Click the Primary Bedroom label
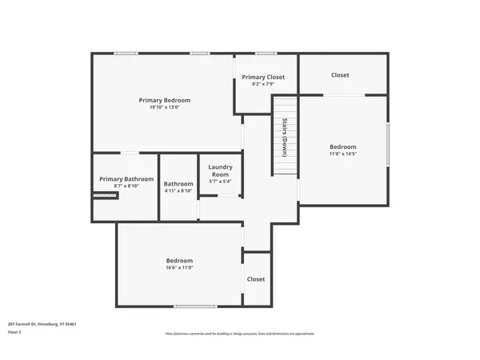coord(163,100)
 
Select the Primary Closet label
coord(263,77)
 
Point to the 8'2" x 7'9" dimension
coord(263,84)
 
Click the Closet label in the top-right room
coord(340,75)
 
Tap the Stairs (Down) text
coord(284,138)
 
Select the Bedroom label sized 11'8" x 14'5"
coord(343,146)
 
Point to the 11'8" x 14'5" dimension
coord(343,154)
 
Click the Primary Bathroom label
coord(126,179)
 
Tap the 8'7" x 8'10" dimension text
coord(126,186)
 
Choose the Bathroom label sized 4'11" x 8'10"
coord(178,183)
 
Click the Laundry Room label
coord(220,170)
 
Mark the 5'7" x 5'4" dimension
coord(220,182)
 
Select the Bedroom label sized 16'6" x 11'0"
coord(179,260)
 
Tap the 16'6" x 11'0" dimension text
coord(179,267)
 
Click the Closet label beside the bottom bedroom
coord(256,279)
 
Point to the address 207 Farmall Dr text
coord(42,324)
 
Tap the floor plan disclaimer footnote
coord(240,334)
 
